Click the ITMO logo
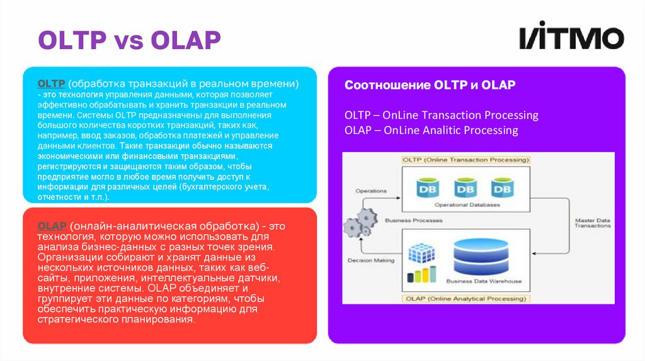click(571, 39)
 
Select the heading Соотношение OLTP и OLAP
click(430, 85)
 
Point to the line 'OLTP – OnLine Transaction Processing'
click(441, 115)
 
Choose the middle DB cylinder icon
click(465, 187)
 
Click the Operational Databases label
click(467, 205)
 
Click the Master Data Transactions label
click(592, 223)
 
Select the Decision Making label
click(371, 260)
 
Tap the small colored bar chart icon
click(420, 275)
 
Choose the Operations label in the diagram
click(371, 191)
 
